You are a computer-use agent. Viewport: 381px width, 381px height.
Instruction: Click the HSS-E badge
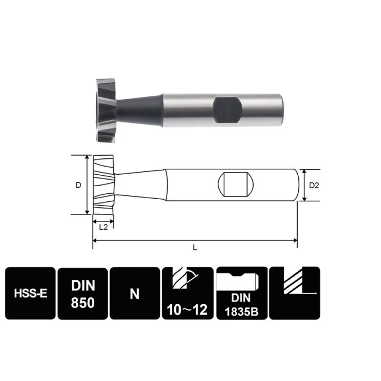[30, 294]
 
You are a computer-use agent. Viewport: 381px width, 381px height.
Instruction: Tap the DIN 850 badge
[82, 294]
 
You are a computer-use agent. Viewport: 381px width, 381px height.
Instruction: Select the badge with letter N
[134, 294]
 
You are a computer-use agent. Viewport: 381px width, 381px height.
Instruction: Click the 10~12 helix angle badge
[187, 294]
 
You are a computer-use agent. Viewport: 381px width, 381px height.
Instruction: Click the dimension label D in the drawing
[78, 185]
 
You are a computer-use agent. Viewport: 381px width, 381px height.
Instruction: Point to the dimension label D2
[314, 186]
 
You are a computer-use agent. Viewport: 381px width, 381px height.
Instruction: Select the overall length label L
[194, 248]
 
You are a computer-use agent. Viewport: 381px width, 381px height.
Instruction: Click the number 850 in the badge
[82, 302]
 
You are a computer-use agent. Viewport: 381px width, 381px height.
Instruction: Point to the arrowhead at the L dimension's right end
[294, 240]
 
